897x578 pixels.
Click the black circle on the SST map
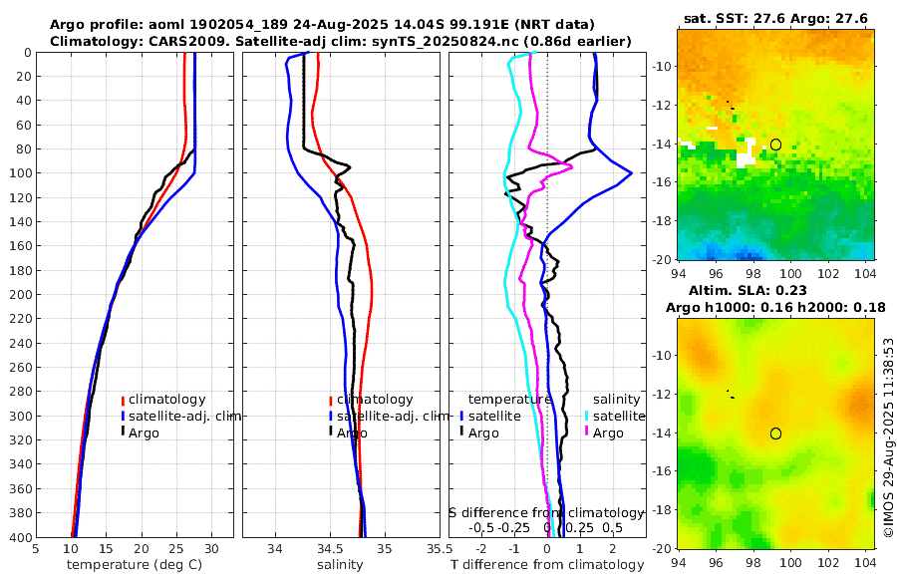(775, 144)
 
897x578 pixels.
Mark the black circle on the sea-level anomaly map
(775, 433)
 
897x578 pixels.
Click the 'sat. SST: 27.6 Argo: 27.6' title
(775, 19)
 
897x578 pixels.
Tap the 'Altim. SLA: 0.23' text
(775, 290)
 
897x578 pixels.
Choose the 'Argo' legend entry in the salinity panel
(352, 433)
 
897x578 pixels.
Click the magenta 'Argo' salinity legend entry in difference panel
(608, 433)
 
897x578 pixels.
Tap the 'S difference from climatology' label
(546, 512)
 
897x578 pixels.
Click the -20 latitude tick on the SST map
(662, 259)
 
